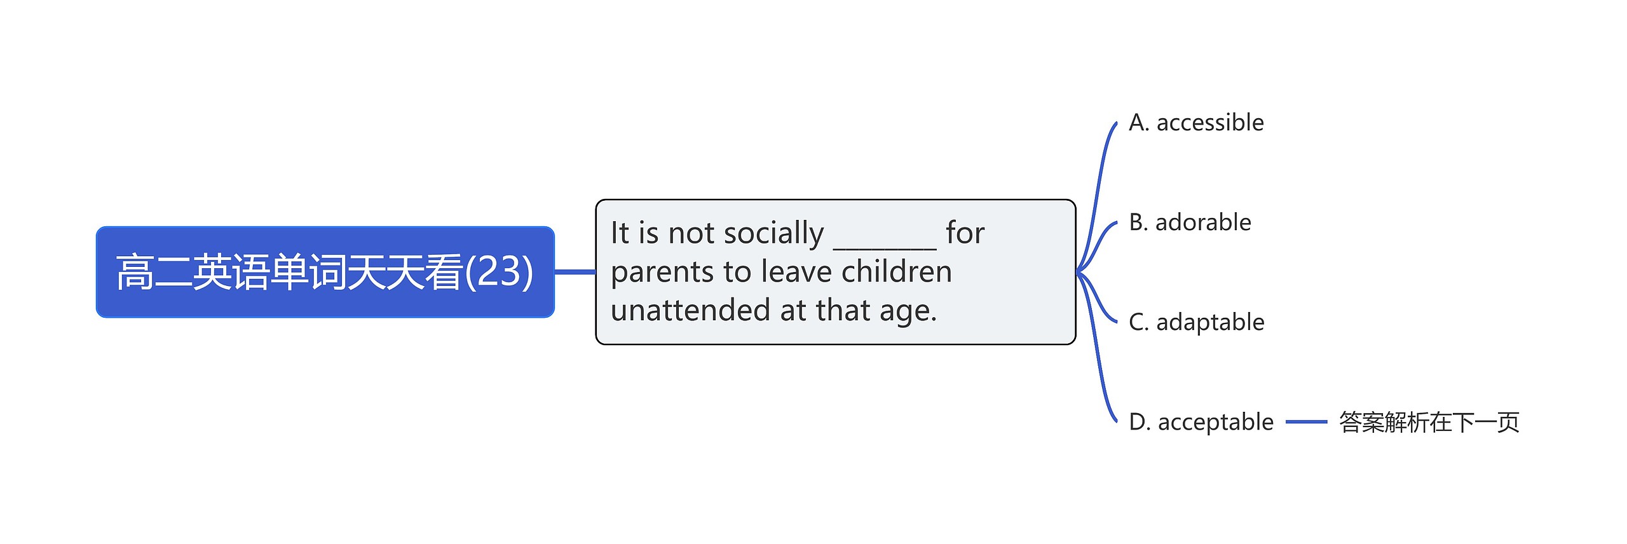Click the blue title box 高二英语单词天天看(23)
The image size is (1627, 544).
pos(325,272)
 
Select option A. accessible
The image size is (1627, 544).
pos(1196,122)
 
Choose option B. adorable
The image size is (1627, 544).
pos(1190,222)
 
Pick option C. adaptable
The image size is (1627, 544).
pos(1196,322)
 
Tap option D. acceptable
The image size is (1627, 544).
pos(1201,422)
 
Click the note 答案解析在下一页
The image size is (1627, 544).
pos(1429,422)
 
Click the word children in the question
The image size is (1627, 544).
pos(897,271)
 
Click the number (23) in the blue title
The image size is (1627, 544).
pos(499,272)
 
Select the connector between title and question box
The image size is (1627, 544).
pos(575,272)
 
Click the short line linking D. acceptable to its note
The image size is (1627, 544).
pos(1306,422)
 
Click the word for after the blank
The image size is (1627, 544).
pos(965,233)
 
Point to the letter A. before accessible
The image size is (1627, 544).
pos(1139,122)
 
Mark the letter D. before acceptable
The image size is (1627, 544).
pos(1140,422)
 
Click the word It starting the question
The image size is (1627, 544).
pos(620,233)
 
